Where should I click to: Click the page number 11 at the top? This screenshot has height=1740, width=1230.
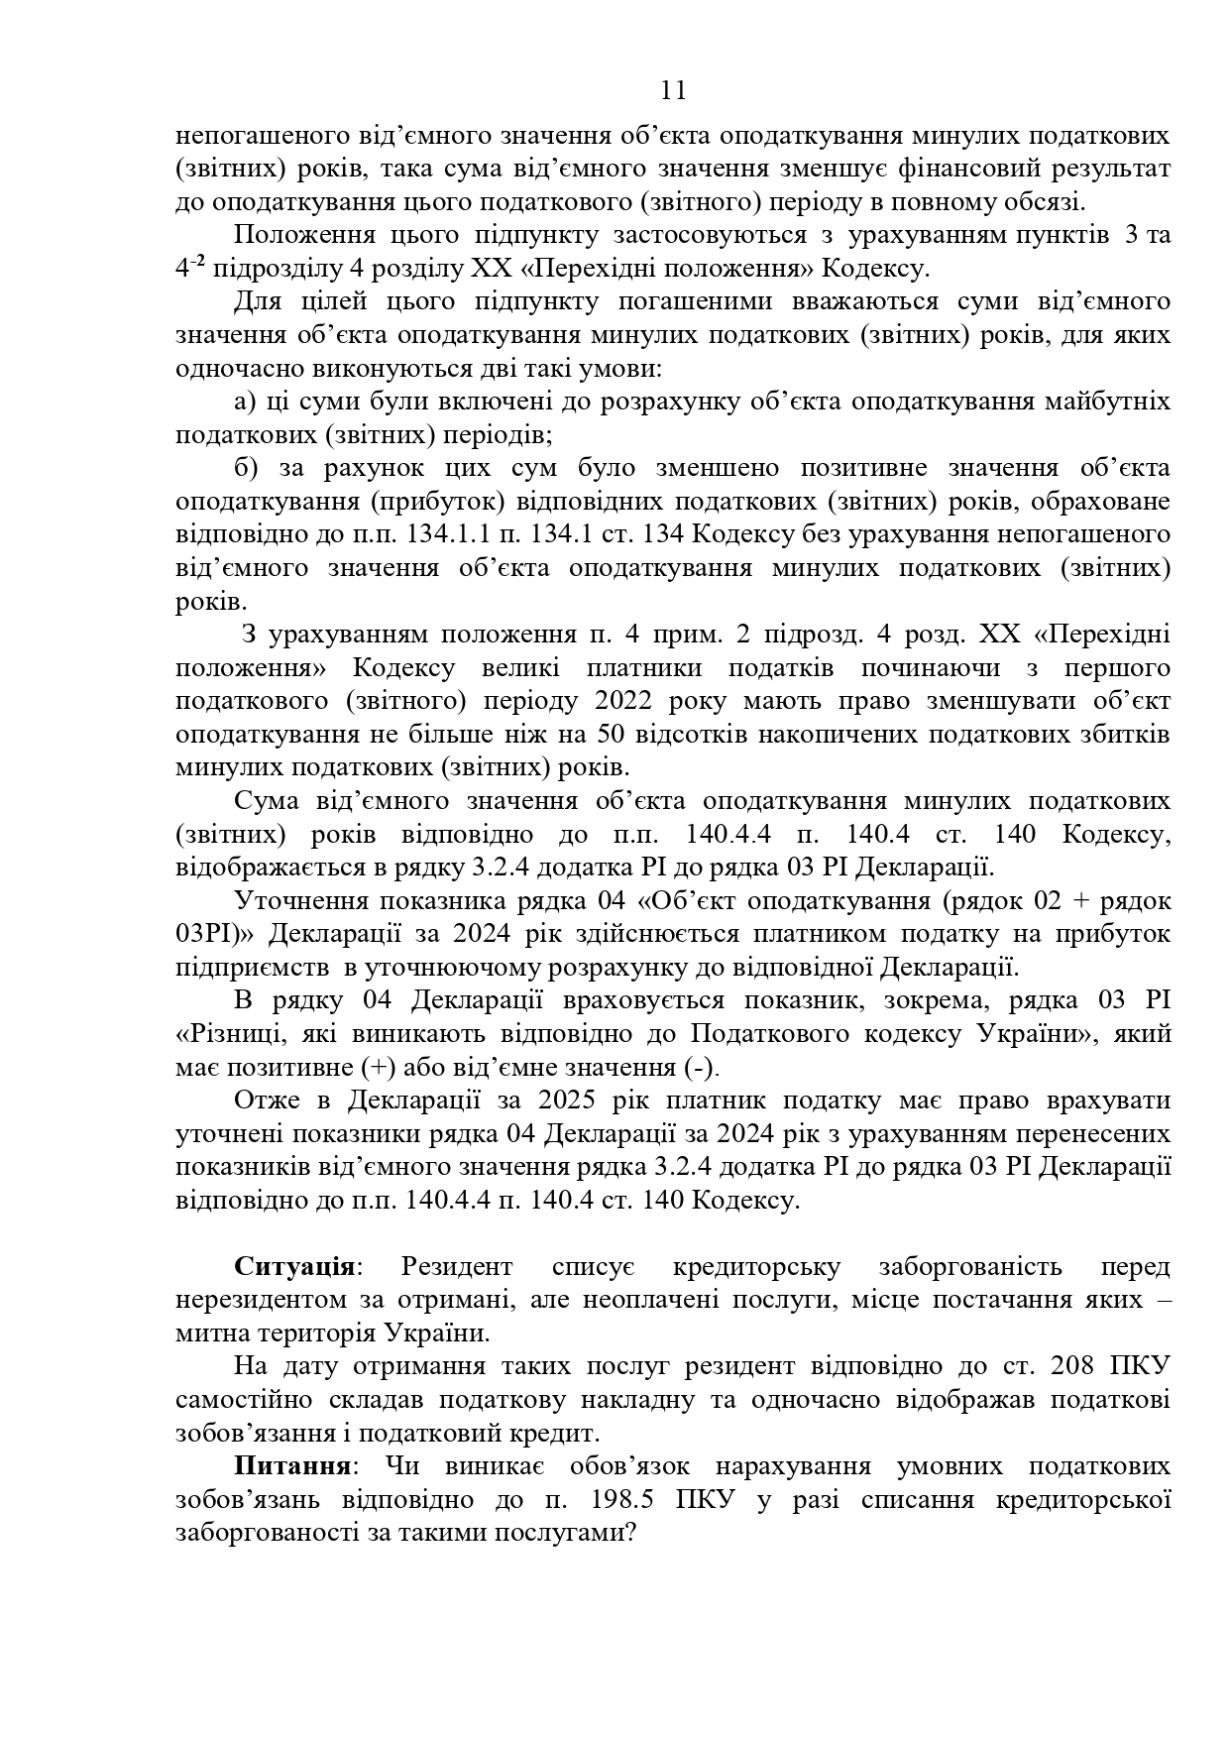click(673, 91)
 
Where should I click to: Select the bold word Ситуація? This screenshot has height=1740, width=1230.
click(294, 1267)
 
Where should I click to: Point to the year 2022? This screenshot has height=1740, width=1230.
click(623, 701)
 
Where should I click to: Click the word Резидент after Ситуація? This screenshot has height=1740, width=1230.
click(457, 1267)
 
